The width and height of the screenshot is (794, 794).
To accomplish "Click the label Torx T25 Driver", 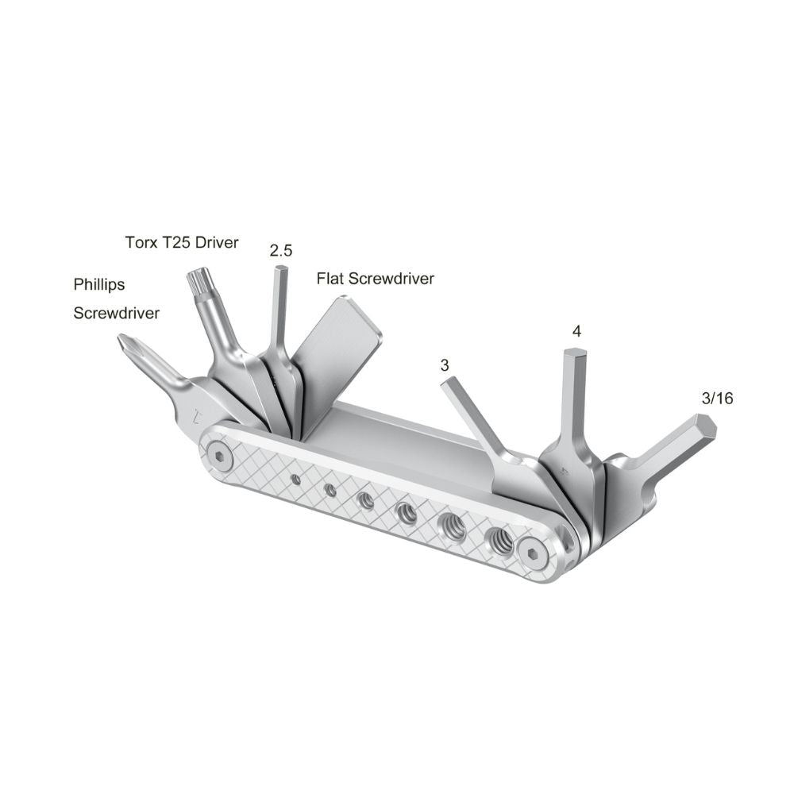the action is tap(182, 242).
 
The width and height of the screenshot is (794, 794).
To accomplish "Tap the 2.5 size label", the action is tap(281, 251).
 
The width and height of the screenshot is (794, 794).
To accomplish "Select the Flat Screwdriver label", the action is tap(376, 279).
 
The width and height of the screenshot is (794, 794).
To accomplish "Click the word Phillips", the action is tap(99, 284).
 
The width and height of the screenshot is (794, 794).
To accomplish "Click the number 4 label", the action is tap(576, 332).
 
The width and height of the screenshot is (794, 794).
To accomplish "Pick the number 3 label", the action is tap(445, 365).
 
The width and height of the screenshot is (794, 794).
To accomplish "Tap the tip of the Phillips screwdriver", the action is tap(121, 341).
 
